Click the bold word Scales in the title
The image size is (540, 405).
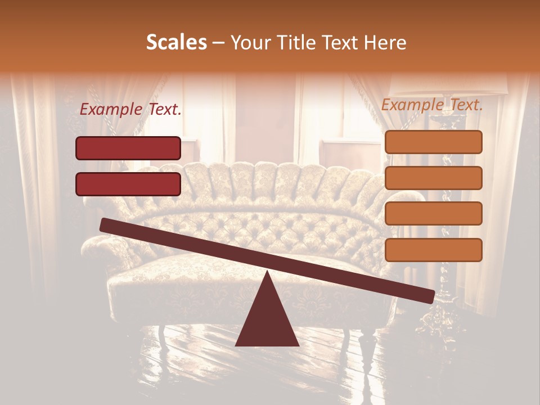pyautogui.click(x=176, y=43)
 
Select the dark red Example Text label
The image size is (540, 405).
pyautogui.click(x=130, y=110)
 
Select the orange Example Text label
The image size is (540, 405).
pyautogui.click(x=432, y=105)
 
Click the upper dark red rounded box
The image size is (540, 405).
pyautogui.click(x=128, y=148)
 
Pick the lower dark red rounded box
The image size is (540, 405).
pyautogui.click(x=128, y=184)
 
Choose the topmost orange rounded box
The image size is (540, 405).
pyautogui.click(x=433, y=142)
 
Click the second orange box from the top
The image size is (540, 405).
pyautogui.click(x=433, y=178)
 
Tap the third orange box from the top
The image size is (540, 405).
pyautogui.click(x=433, y=214)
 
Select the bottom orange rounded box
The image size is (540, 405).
pyautogui.click(x=433, y=250)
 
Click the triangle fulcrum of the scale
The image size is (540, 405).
pyautogui.click(x=267, y=318)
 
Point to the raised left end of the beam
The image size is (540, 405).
pyautogui.click(x=105, y=225)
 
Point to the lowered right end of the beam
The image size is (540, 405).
pyautogui.click(x=430, y=296)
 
